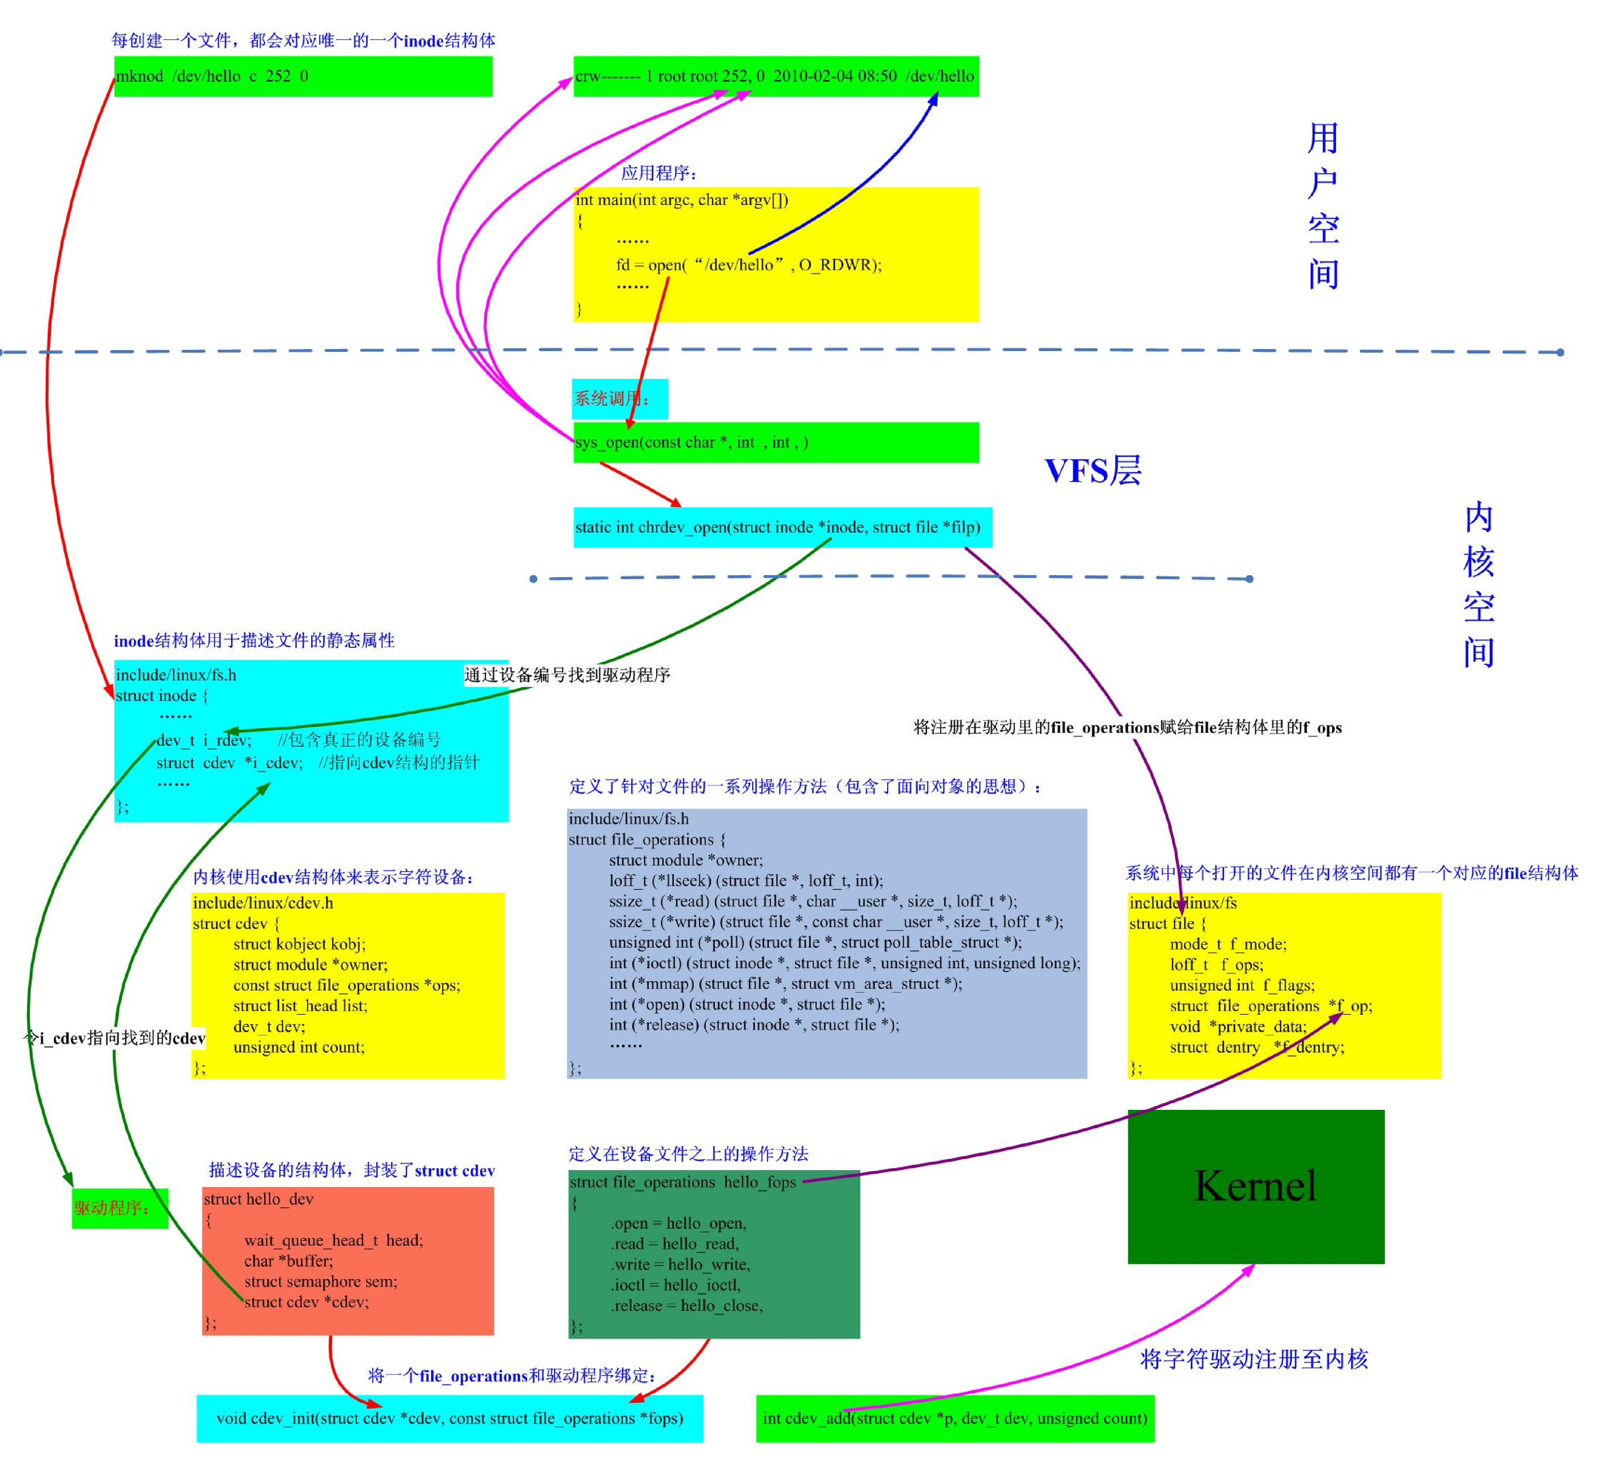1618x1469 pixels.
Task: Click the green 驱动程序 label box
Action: click(120, 1207)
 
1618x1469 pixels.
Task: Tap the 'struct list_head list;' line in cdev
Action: click(300, 1005)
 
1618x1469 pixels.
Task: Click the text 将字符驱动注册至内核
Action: click(1254, 1359)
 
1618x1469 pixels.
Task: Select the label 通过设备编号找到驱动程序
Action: click(567, 675)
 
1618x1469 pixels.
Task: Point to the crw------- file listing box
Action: click(775, 76)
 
